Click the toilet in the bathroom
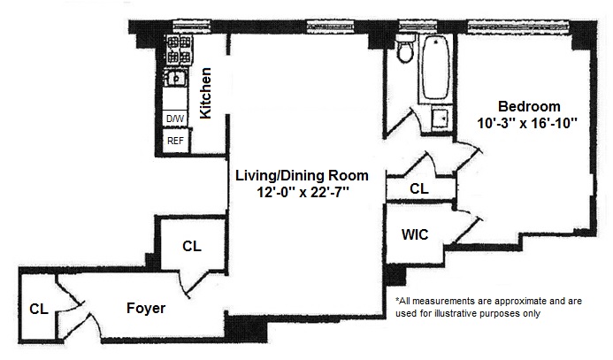(405, 49)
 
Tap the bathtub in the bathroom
(435, 67)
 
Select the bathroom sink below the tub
(441, 117)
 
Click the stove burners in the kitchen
(180, 50)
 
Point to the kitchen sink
(175, 79)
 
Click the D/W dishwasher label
(175, 119)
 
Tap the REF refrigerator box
(175, 141)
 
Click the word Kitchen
(205, 93)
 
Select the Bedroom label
(529, 106)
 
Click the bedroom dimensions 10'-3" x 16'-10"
(527, 123)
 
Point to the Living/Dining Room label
(302, 175)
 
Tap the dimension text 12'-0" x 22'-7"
(303, 192)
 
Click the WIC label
(415, 234)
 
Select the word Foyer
(146, 309)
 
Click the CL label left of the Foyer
(39, 310)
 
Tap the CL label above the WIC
(419, 188)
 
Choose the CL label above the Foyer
(192, 246)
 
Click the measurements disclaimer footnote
(488, 307)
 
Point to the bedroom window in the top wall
(518, 27)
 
